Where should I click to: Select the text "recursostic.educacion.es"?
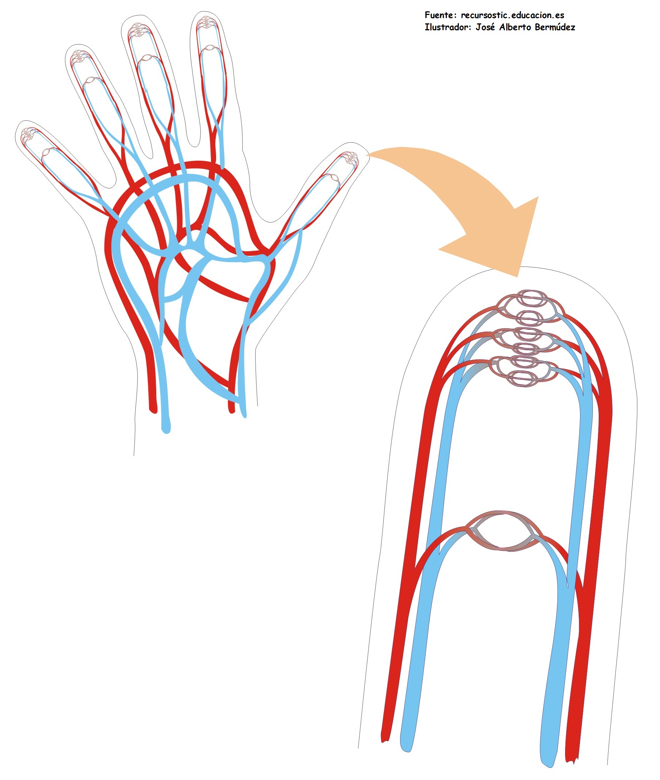tap(512, 15)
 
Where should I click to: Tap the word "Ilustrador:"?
tap(448, 27)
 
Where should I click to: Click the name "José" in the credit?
tap(485, 27)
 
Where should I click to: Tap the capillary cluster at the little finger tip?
tap(27, 134)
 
